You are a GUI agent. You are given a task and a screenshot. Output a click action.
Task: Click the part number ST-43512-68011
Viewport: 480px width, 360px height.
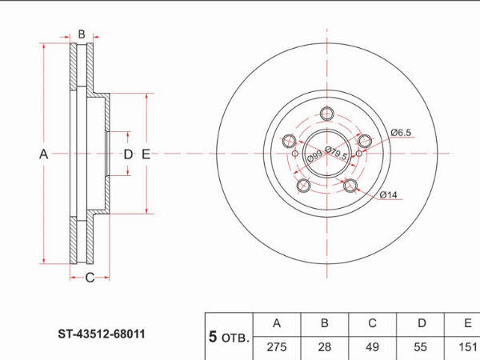102,334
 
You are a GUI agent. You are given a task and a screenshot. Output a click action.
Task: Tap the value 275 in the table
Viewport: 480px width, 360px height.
277,347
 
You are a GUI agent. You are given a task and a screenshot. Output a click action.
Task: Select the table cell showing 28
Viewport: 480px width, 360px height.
325,347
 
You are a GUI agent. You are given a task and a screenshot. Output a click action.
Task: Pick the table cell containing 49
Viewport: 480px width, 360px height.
372,347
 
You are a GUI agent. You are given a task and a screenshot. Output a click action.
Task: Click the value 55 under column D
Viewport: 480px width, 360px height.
420,347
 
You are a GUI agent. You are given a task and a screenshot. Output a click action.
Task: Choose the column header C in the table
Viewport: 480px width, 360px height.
372,323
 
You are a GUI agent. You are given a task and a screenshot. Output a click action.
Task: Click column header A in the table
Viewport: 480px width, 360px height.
277,323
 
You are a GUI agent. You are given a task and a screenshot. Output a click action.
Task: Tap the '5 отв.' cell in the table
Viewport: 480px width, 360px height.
229,337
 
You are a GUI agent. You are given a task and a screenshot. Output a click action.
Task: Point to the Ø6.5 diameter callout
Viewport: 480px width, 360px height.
401,133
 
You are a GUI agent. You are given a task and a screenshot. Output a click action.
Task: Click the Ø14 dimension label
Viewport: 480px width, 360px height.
388,194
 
